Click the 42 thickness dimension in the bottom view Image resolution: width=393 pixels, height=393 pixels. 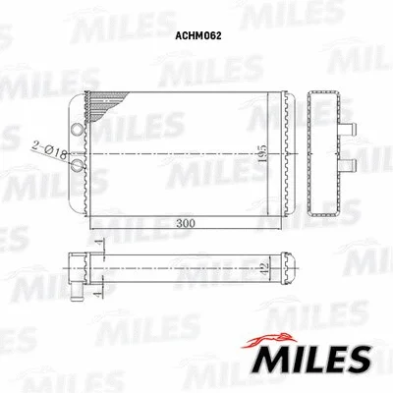(x=262, y=265)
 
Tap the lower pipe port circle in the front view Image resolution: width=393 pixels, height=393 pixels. (x=79, y=165)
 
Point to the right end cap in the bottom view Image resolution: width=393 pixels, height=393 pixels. (x=288, y=264)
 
